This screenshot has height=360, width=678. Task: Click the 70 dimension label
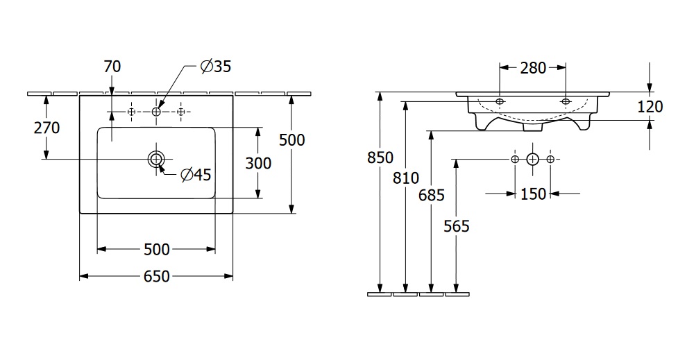point(112,67)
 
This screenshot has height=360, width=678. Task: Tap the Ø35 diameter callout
point(215,67)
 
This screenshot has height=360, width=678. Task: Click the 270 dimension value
point(45,128)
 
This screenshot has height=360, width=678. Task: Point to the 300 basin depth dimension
point(258,163)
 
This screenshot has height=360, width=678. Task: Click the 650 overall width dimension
point(157,276)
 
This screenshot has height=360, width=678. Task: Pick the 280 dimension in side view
point(533,67)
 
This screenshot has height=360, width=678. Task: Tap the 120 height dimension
point(650,106)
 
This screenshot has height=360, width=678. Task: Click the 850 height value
point(380,158)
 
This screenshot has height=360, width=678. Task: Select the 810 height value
point(406,178)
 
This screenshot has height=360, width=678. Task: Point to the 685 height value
point(431,196)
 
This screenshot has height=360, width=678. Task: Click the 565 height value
point(456,225)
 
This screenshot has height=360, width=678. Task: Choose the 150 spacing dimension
point(533,194)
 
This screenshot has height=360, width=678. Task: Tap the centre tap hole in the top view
point(156,111)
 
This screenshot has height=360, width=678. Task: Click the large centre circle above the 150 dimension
point(532,160)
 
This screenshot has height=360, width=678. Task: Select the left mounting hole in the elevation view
point(500,102)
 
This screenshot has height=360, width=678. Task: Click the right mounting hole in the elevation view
point(566,102)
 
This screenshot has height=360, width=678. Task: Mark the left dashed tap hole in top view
point(131,111)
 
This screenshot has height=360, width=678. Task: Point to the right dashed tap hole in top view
point(181,111)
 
